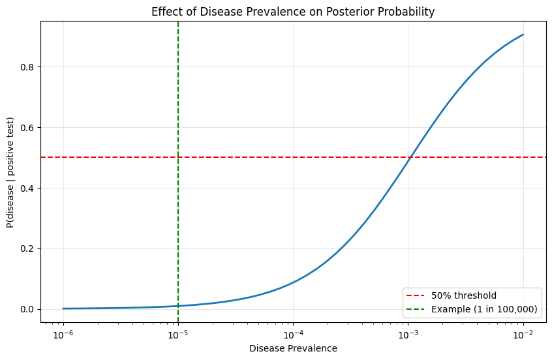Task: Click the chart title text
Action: [293, 11]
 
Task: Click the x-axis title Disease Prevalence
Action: [293, 348]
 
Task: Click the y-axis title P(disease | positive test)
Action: [10, 172]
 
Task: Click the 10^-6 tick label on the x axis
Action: [63, 333]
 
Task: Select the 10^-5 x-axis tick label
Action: [178, 333]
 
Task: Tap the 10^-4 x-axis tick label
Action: [293, 333]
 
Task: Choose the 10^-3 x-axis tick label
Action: [408, 333]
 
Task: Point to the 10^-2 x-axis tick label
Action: [523, 333]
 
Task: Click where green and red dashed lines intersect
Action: [178, 157]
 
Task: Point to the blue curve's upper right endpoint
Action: [523, 35]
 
